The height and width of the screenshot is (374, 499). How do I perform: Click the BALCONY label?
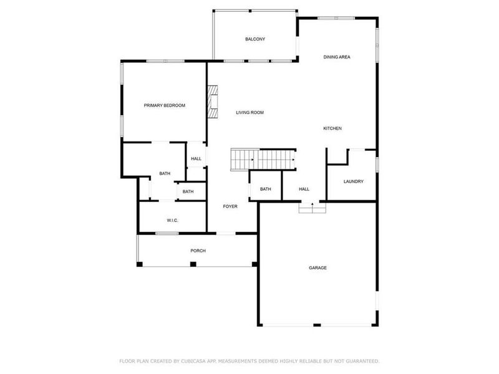coord(255,39)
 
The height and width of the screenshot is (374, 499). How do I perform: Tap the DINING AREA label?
coord(337,57)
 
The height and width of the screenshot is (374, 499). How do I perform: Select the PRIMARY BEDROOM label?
coord(165,106)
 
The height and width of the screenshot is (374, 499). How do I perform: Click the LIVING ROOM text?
coord(249,113)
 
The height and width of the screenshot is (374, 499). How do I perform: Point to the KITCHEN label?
coord(332,129)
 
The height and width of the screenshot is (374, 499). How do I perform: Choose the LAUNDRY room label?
coord(353,181)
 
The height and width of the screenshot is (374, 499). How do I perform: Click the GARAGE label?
coord(317,268)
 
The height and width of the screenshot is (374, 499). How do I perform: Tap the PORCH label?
coord(198,251)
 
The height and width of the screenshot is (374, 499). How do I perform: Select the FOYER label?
coord(230,206)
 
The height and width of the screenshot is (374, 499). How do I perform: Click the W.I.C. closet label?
coord(173,221)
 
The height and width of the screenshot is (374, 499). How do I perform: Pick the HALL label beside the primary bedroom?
coord(196,159)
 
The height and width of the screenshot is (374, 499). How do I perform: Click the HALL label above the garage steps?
coord(304,189)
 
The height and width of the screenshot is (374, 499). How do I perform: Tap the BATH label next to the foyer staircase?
coord(266,189)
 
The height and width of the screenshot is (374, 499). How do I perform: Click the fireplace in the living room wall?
coord(213,103)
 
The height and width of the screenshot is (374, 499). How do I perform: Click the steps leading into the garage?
coord(312,208)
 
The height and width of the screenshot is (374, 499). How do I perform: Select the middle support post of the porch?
coord(193,264)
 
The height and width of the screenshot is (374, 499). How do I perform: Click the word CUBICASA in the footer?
coord(198,361)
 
